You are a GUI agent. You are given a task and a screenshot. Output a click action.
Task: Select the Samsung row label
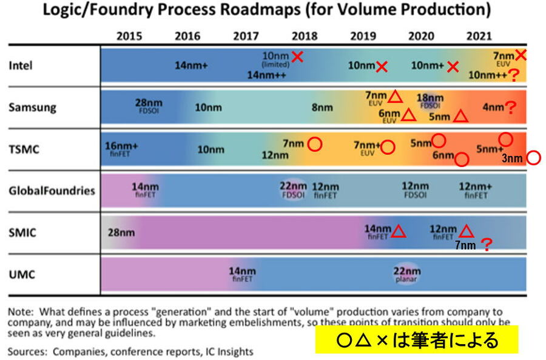tap(32, 107)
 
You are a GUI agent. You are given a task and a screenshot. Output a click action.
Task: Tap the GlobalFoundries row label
tap(52, 191)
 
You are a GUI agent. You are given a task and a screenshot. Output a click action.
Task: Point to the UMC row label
tap(22, 274)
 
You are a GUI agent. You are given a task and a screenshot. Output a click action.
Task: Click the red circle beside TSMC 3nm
tap(533, 158)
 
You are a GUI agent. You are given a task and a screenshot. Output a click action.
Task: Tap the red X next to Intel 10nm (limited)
tap(297, 57)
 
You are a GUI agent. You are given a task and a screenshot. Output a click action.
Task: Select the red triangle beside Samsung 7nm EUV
tap(396, 96)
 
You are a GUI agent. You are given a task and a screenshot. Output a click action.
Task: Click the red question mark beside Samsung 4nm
tap(511, 108)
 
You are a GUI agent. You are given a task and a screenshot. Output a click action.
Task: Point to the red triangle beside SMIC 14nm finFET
tap(399, 231)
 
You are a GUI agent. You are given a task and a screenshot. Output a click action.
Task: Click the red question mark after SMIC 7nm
tap(486, 245)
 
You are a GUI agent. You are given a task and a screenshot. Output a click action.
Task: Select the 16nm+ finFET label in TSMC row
tap(122, 149)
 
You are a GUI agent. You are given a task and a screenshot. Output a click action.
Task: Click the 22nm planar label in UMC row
tap(406, 274)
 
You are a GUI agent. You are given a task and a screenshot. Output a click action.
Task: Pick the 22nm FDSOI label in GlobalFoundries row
tap(293, 189)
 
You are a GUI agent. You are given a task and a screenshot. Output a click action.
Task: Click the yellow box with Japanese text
tap(416, 339)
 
